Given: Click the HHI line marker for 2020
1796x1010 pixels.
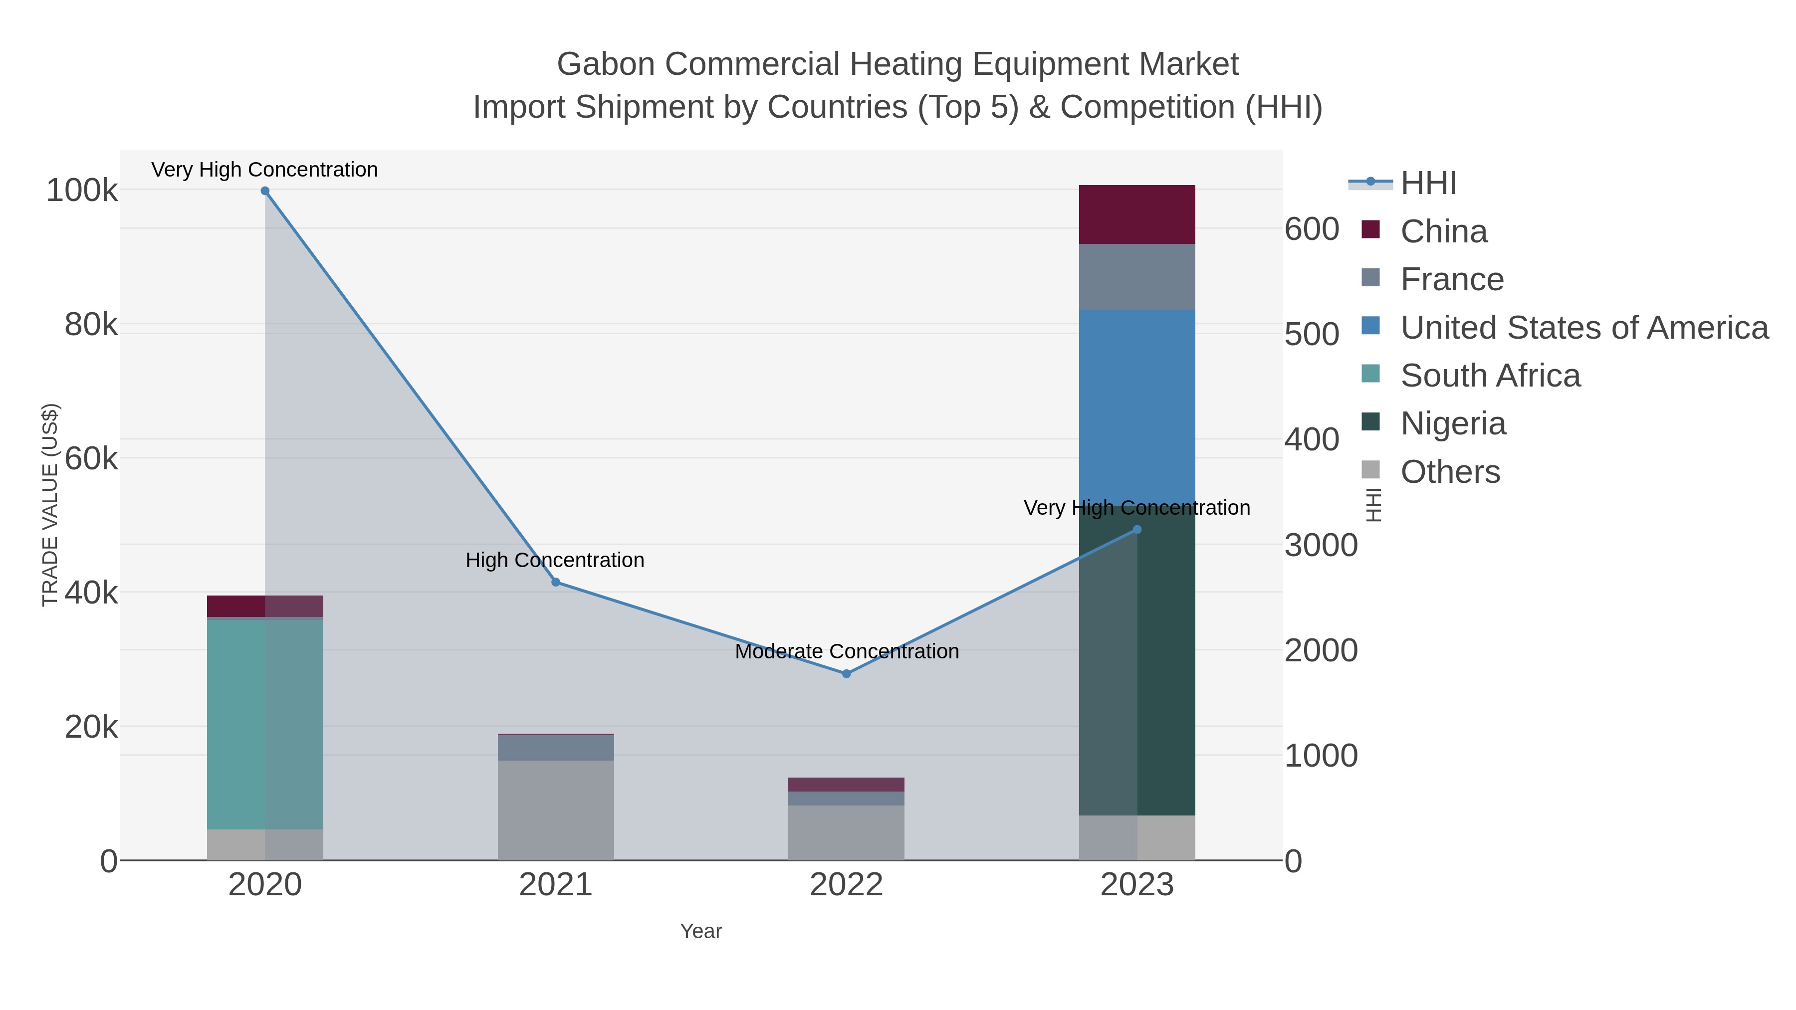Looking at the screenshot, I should coord(265,191).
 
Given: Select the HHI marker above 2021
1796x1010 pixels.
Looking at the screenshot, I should coord(556,582).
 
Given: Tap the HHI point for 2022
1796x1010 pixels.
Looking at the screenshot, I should coord(847,674).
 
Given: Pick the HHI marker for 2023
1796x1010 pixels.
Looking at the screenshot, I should coord(1137,530).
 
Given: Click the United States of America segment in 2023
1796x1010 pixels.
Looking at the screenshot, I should coord(1137,408).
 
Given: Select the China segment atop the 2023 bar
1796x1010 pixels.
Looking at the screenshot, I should coord(1137,214).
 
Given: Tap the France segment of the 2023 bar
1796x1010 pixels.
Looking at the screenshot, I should coord(1137,277).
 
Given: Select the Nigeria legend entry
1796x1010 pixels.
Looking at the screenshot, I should coord(1453,424).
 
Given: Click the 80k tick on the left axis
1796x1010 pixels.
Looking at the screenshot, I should coord(91,325).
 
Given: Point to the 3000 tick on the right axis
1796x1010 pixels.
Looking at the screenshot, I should coord(1321,545).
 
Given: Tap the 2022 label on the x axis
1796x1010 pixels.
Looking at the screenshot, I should coord(847,885).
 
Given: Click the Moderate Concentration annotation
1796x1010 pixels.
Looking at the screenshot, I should coord(847,652).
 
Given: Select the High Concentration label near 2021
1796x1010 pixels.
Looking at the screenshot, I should coord(555,561).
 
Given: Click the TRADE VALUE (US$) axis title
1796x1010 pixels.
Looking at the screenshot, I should coord(50,505).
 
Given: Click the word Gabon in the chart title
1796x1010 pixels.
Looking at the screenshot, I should coord(605,64).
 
